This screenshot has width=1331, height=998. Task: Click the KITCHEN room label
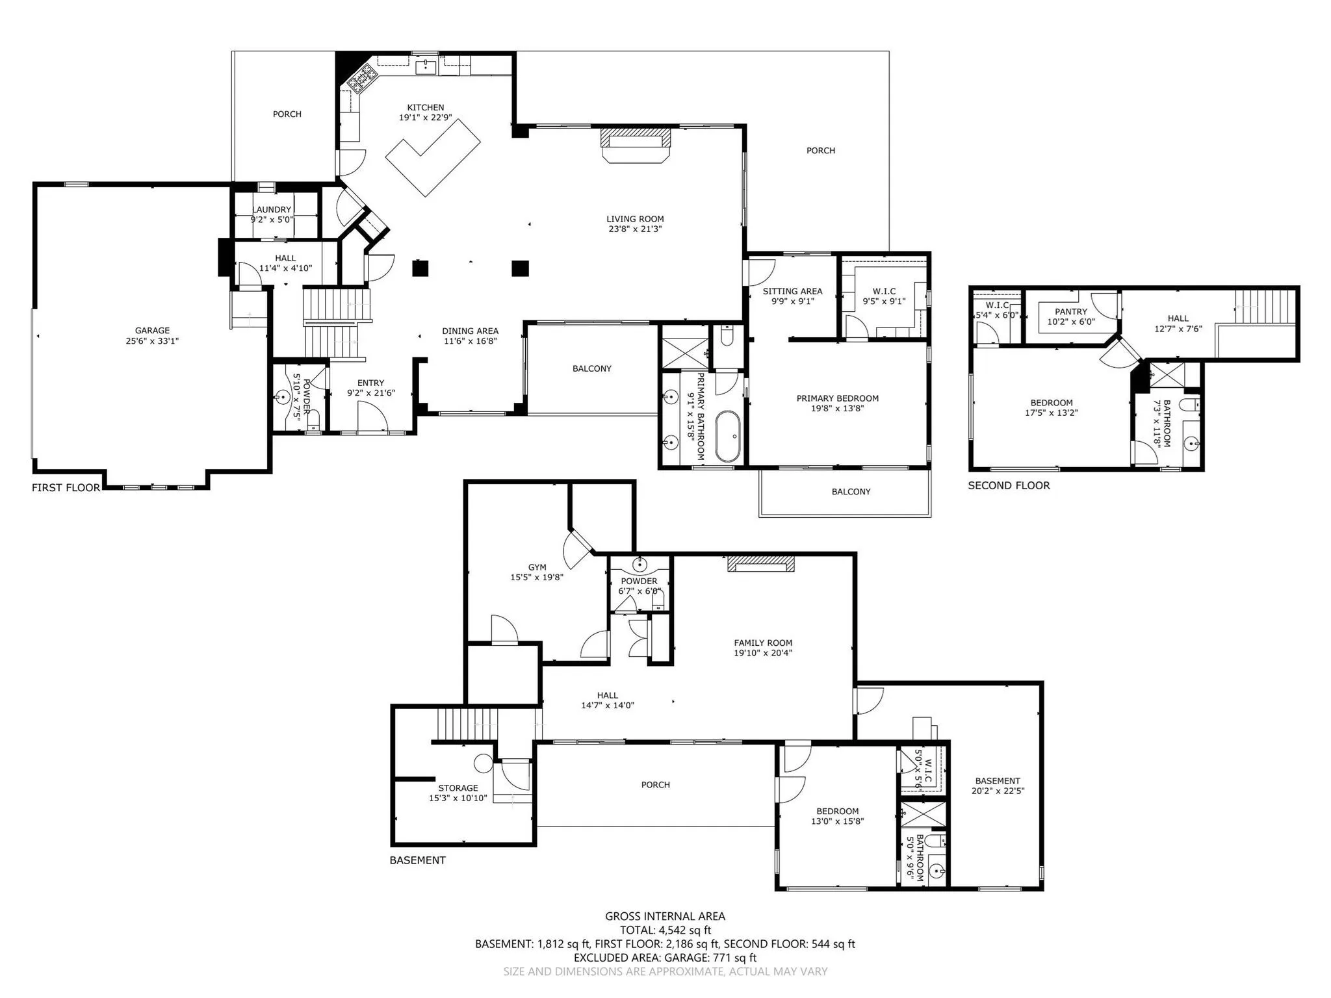tap(426, 108)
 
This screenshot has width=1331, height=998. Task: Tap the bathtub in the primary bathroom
tap(727, 436)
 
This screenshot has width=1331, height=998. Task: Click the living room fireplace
tap(635, 144)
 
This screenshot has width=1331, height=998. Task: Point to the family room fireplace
tap(761, 563)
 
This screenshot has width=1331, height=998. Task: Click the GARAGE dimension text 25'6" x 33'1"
tap(152, 341)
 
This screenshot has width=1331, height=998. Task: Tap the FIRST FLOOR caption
tap(66, 488)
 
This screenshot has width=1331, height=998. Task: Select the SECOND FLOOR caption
tap(1009, 485)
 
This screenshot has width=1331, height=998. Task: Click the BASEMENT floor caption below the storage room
tap(417, 860)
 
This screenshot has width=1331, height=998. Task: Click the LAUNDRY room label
tap(272, 209)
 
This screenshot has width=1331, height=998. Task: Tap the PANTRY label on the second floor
tap(1071, 312)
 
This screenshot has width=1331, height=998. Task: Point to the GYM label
tap(537, 567)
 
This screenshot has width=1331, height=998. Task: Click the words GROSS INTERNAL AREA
tap(665, 917)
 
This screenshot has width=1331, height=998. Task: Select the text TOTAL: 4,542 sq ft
tap(665, 930)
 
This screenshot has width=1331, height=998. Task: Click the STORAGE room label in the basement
tap(458, 788)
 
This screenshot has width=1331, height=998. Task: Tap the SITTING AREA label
tap(792, 291)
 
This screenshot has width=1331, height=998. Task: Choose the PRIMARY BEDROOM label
tap(838, 398)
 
